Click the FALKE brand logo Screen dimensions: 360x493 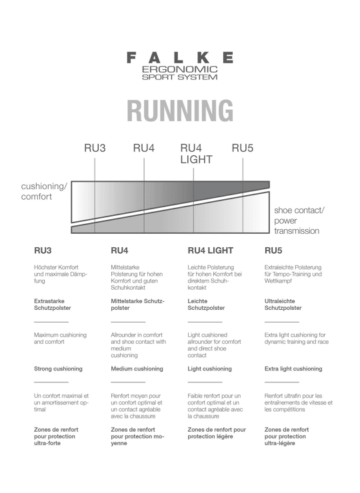[x=180, y=58]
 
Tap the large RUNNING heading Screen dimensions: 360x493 [x=180, y=111]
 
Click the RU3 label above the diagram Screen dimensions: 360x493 [x=95, y=148]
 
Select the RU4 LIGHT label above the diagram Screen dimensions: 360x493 [x=197, y=154]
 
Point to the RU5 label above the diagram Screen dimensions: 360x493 [x=243, y=148]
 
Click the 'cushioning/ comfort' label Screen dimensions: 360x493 [x=44, y=191]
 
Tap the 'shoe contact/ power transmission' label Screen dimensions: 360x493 [x=299, y=221]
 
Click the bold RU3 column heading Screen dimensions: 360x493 [x=43, y=250]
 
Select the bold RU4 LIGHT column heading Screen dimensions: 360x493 [x=211, y=250]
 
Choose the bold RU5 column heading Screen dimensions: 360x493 [x=273, y=250]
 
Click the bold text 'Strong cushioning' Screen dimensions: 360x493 [x=58, y=369]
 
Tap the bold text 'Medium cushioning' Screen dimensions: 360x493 [x=137, y=369]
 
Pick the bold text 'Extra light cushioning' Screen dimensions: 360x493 [x=293, y=369]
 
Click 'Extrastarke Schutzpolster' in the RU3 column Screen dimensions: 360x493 [x=53, y=304]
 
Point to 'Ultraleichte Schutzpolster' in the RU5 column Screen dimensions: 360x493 [x=283, y=304]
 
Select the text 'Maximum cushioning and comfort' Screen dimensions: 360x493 [x=60, y=338]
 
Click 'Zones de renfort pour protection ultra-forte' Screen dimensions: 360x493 [x=56, y=436]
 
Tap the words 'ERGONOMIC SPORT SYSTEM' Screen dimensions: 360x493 [x=180, y=73]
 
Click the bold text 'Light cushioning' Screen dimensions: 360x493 [x=209, y=369]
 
